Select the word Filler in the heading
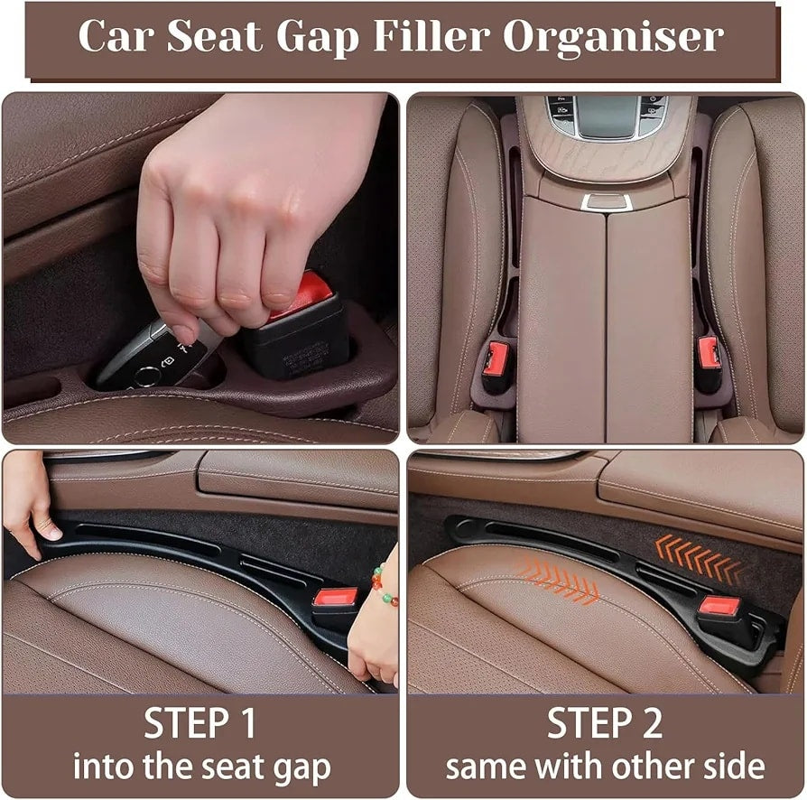(431, 35)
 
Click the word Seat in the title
(215, 35)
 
